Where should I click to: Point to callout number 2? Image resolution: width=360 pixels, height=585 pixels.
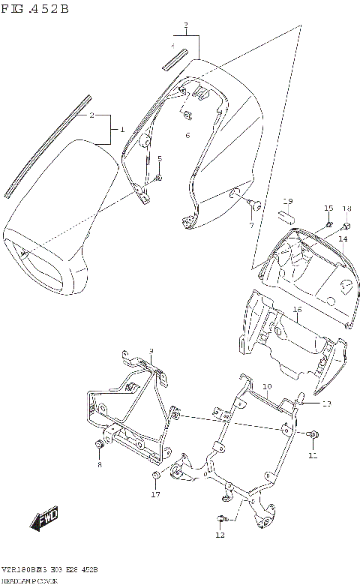click(x=91, y=115)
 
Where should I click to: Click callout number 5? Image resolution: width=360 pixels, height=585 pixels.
click(x=159, y=158)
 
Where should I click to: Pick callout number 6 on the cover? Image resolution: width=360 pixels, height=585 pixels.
click(x=187, y=135)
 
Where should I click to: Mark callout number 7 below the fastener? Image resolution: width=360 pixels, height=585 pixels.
click(x=251, y=225)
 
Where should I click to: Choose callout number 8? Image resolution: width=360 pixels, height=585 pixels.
click(x=98, y=465)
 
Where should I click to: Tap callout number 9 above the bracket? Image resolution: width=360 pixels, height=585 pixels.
click(x=151, y=351)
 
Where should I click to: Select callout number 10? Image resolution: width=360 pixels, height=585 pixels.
click(x=266, y=386)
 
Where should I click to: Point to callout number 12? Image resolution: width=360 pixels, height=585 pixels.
click(x=220, y=535)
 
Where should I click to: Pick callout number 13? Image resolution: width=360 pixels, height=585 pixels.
click(x=325, y=404)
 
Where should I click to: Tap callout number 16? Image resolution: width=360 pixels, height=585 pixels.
click(x=298, y=309)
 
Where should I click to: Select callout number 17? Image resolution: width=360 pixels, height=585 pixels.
click(x=156, y=494)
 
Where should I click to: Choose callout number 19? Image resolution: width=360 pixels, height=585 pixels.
click(x=286, y=201)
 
